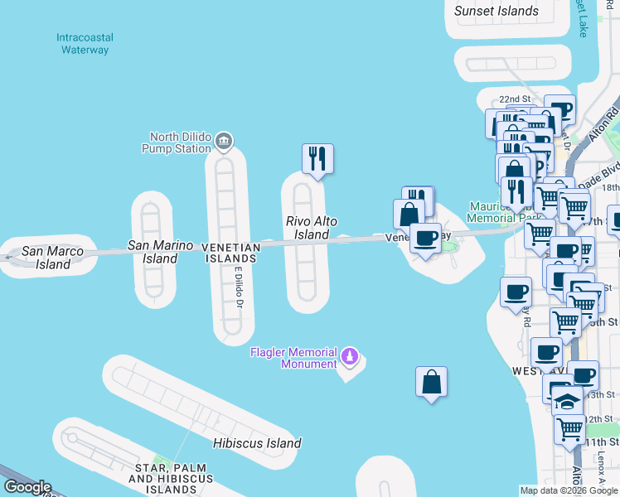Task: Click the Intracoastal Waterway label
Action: tap(85, 44)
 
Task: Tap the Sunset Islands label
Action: tap(496, 12)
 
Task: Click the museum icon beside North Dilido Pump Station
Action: tap(224, 142)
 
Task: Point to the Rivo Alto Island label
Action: tap(312, 228)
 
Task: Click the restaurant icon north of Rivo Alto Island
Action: tap(317, 158)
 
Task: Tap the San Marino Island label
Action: tap(160, 252)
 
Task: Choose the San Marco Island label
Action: tap(46, 258)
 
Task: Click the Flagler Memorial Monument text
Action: tap(294, 358)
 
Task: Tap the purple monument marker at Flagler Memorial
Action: tap(350, 357)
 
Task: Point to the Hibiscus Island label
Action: tap(256, 443)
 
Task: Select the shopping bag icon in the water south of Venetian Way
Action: tap(431, 382)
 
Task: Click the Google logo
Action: tap(27, 487)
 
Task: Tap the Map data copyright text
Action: tap(569, 490)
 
